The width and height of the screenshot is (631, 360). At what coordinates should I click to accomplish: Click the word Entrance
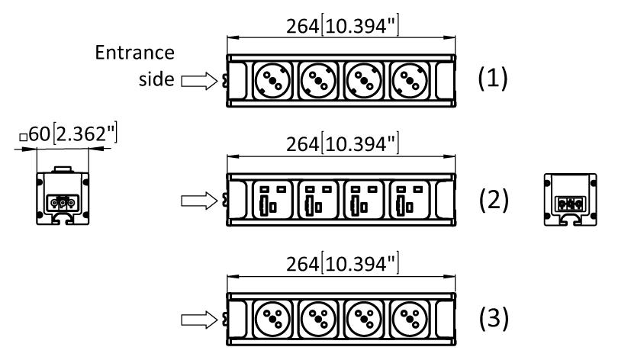pos(135,53)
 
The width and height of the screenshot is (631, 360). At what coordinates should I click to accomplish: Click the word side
pos(156,79)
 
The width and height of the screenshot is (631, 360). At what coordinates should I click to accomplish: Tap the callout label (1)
pos(493,78)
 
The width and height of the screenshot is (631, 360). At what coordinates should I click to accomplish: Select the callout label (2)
pos(494,200)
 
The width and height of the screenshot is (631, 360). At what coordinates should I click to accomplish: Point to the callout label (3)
pos(494,318)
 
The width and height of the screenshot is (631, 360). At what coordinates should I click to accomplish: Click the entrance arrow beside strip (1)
pos(199,81)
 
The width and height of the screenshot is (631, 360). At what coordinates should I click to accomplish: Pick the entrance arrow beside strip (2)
pos(199,201)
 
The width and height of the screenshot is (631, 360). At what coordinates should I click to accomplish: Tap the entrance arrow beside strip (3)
pos(199,320)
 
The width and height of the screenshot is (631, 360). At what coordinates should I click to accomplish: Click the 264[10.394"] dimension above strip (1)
pos(343,26)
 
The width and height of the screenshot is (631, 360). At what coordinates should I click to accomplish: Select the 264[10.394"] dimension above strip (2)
pos(343,143)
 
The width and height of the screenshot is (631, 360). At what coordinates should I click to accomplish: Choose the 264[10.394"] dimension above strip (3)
pos(343,263)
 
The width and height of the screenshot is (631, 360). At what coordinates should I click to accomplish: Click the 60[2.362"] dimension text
pos(69,133)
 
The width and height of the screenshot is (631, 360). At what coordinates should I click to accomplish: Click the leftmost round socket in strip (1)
pos(272,81)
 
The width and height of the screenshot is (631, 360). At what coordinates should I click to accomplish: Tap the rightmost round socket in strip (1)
pos(410,81)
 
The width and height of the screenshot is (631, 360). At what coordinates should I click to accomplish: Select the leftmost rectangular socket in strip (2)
pos(272,200)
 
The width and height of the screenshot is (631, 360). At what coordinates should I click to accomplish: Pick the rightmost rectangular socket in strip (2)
pos(410,200)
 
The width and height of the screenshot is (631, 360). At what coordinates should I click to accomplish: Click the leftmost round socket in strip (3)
pos(272,320)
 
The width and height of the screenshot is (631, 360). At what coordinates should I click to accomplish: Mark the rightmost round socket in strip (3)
pos(410,320)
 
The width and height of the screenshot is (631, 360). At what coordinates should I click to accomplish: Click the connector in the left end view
pos(63,203)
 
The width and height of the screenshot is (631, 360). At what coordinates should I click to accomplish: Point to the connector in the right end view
pos(570,204)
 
